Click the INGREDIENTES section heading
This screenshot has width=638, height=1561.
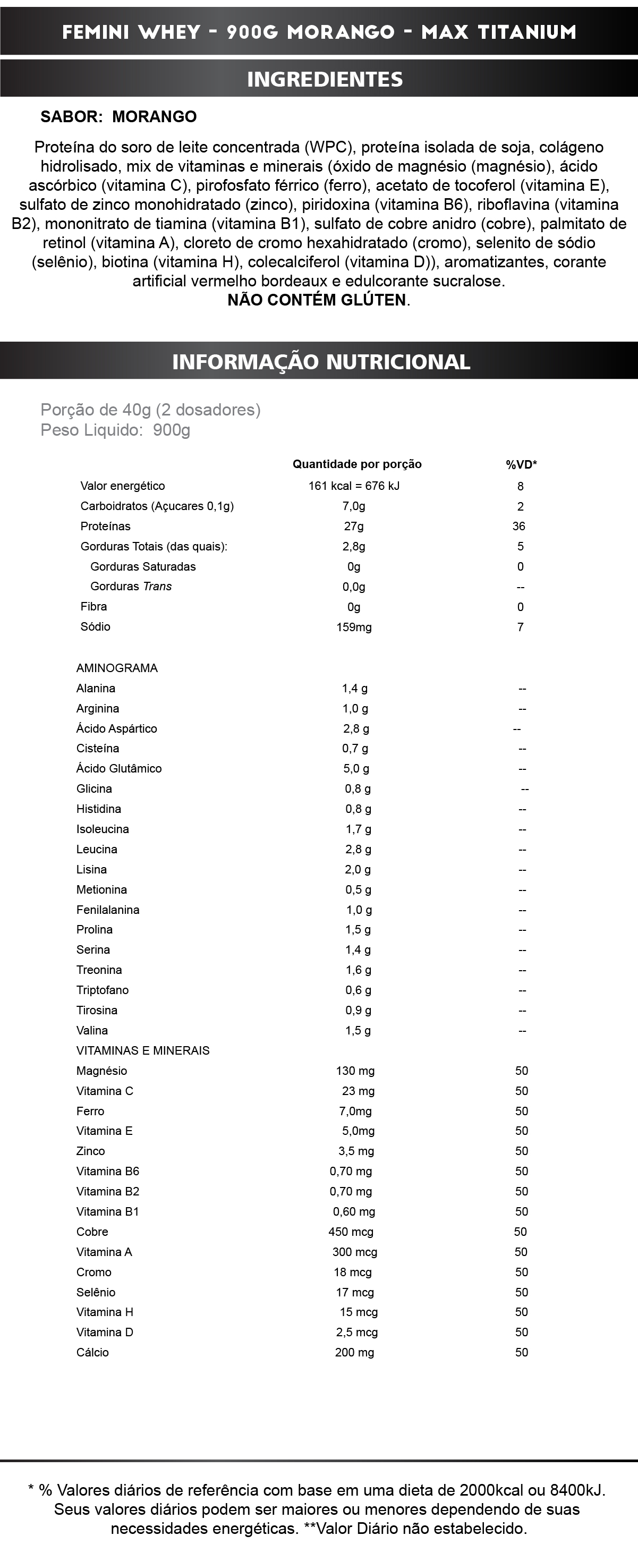[325, 79]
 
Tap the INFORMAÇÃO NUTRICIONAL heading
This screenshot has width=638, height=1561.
[321, 362]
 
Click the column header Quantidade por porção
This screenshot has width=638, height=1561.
[357, 464]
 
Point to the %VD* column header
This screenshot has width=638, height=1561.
[521, 465]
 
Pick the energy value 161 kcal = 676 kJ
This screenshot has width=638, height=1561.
[354, 486]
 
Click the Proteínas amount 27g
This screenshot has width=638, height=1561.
[354, 526]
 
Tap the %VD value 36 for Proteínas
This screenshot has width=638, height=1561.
[518, 526]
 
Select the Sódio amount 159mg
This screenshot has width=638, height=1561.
[354, 627]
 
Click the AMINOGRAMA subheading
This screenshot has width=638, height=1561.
[117, 668]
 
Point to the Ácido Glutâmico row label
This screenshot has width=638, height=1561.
[119, 768]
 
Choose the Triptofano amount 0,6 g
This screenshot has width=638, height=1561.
[358, 990]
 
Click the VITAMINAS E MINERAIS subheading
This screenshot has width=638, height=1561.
[143, 1050]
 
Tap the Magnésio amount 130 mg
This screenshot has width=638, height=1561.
[355, 1071]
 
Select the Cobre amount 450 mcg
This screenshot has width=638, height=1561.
[351, 1232]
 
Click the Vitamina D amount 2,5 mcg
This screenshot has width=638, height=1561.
[357, 1332]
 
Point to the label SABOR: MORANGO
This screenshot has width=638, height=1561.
[118, 116]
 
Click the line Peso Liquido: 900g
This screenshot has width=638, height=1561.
[115, 430]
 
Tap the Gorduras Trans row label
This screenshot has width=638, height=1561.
[131, 586]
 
